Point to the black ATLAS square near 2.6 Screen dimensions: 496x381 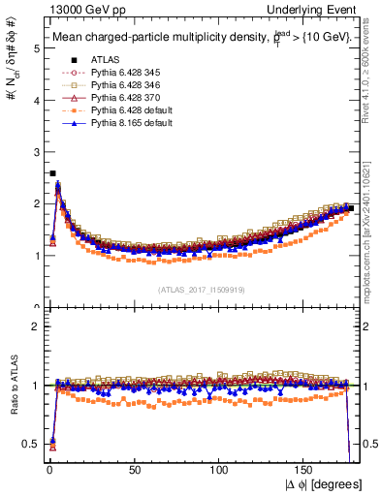[x=51, y=173]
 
